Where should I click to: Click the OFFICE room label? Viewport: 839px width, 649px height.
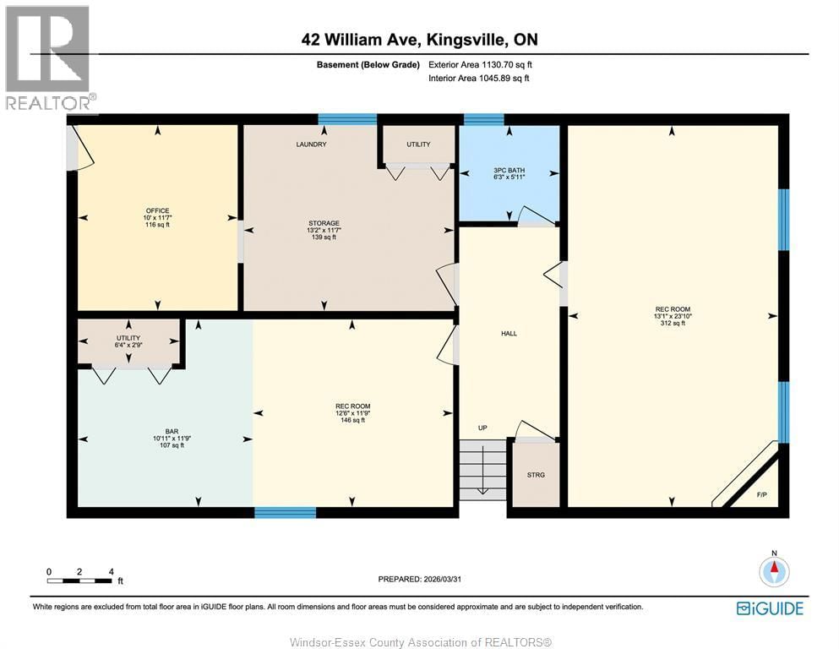pos(157,210)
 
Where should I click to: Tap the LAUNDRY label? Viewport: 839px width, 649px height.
pos(311,145)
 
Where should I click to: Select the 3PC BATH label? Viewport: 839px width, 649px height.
pos(509,171)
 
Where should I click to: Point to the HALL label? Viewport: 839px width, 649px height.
pos(509,333)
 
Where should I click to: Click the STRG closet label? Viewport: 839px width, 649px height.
pos(536,475)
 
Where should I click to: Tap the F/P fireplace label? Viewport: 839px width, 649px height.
pos(761,494)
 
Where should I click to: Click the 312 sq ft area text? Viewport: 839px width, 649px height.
pos(673,323)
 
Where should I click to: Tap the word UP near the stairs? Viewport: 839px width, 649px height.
pos(482,428)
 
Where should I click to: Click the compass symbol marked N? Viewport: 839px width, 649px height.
pos(773,571)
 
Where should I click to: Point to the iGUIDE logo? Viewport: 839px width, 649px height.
pos(770,608)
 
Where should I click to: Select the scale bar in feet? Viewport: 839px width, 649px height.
pos(80,579)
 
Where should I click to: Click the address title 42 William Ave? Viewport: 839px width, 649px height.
pos(419,40)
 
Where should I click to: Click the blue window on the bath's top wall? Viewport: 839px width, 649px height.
pos(483,119)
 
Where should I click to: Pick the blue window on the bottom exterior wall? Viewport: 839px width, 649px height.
pos(285,512)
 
